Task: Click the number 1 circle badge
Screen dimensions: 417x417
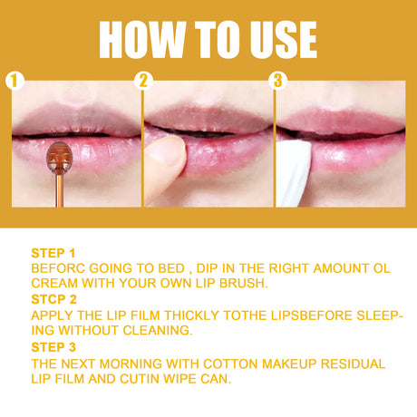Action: pyautogui.click(x=12, y=81)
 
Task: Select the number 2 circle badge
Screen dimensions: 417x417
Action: pyautogui.click(x=144, y=81)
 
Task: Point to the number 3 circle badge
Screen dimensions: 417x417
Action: pyautogui.click(x=278, y=81)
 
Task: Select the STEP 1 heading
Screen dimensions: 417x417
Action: pyautogui.click(x=53, y=254)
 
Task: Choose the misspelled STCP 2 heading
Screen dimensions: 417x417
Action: pyautogui.click(x=53, y=297)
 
